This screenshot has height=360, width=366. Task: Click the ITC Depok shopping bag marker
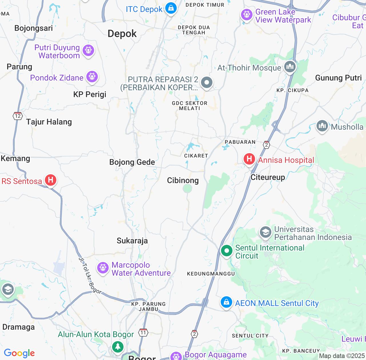pyautogui.click(x=171, y=8)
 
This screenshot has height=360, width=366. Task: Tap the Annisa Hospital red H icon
pyautogui.click(x=249, y=159)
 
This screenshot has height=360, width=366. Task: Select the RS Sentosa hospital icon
pyautogui.click(x=51, y=180)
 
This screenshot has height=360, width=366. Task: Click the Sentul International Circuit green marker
pyautogui.click(x=227, y=251)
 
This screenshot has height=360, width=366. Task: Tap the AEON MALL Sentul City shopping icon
pyautogui.click(x=226, y=302)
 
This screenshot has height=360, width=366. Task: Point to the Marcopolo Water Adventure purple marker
pyautogui.click(x=103, y=268)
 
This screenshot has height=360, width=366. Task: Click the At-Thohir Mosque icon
pyautogui.click(x=290, y=67)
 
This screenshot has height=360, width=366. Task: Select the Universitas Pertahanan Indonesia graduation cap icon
pyautogui.click(x=265, y=232)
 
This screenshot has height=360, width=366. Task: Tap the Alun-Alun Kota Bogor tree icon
pyautogui.click(x=118, y=347)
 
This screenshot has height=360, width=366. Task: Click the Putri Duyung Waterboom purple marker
pyautogui.click(x=88, y=51)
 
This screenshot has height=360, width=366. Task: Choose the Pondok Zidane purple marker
pyautogui.click(x=92, y=77)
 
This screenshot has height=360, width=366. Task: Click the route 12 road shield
pyautogui.click(x=18, y=116)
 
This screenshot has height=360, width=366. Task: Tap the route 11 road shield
pyautogui.click(x=143, y=333)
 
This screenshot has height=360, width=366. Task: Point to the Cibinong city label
pyautogui.click(x=183, y=180)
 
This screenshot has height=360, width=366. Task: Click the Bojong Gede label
pyautogui.click(x=132, y=162)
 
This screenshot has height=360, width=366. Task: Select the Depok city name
pyautogui.click(x=122, y=34)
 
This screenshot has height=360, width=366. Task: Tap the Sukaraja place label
pyautogui.click(x=132, y=241)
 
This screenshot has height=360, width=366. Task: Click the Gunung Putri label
pyautogui.click(x=338, y=78)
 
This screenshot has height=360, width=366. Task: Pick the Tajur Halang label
pyautogui.click(x=49, y=122)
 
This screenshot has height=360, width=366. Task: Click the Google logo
pyautogui.click(x=19, y=353)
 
